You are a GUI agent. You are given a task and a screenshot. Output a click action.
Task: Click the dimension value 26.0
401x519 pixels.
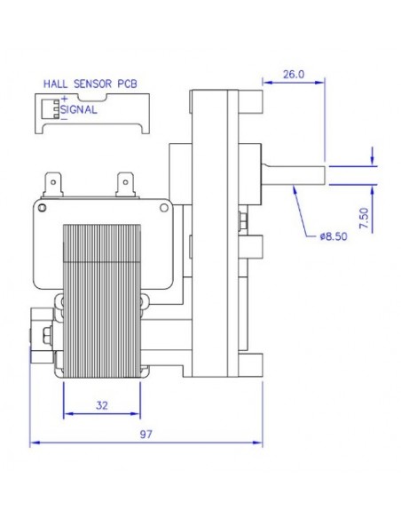(291, 76)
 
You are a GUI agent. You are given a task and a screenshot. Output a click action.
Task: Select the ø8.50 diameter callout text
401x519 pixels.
(334, 237)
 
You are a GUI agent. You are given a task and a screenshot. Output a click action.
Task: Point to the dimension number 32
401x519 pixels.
(102, 405)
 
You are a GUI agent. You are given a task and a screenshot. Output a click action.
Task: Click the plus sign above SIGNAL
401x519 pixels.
(64, 99)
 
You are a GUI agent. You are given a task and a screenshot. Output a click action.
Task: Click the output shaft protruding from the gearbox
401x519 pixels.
(295, 171)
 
